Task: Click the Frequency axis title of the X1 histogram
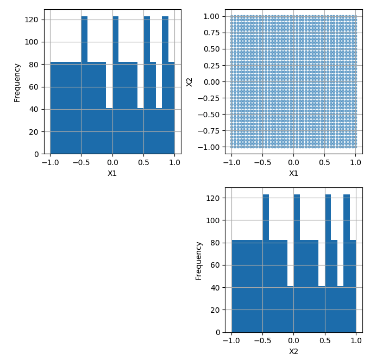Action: (17, 83)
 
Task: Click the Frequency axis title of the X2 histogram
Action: (199, 261)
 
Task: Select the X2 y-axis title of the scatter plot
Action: (190, 81)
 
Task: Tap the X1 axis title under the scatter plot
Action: (293, 173)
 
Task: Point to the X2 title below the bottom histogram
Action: (293, 351)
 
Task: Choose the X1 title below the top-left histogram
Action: (112, 173)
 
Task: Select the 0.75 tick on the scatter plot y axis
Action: (211, 33)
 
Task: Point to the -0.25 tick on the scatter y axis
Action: (209, 98)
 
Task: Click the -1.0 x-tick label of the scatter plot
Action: (231, 162)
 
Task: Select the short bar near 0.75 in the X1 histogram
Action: (159, 130)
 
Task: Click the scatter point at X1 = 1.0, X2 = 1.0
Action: (355, 16)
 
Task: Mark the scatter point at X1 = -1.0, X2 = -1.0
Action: (231, 147)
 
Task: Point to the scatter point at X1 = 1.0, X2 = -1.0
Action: (355, 147)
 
